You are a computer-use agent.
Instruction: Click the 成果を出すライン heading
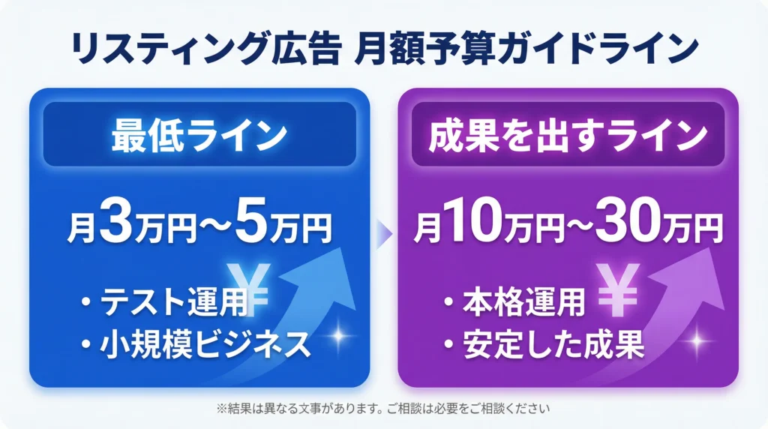(568, 135)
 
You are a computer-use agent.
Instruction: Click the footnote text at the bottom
(383, 409)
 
